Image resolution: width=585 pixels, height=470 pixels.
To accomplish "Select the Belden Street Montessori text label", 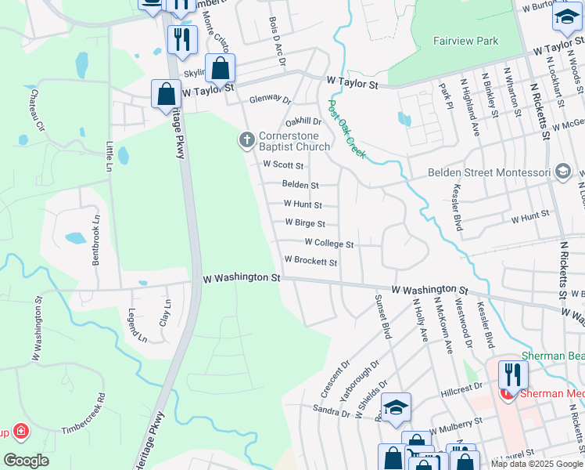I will pos(488,172).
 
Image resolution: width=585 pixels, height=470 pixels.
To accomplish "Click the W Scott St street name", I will pos(283,164).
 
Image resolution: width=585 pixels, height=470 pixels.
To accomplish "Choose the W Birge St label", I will pos(304,223).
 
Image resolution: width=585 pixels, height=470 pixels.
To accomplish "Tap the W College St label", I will pos(328,244).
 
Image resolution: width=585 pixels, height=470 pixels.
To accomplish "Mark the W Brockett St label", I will pos(310,262).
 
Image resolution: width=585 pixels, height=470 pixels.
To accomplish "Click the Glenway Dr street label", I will pos(270,100).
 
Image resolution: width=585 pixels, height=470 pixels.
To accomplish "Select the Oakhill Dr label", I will pos(303,121).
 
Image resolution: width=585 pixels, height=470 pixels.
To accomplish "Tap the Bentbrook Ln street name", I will pos(97,240).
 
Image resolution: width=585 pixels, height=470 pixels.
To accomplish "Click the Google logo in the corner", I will pos(26,460).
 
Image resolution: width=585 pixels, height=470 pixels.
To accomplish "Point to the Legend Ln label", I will pos(137,326).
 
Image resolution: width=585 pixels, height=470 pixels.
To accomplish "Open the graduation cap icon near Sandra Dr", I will pos(397,407).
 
